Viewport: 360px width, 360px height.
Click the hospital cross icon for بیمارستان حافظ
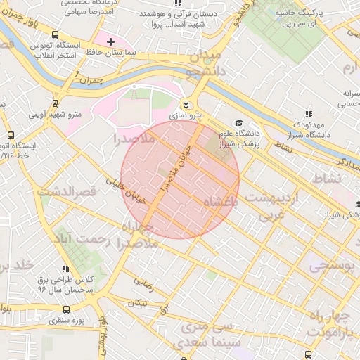point(110,42)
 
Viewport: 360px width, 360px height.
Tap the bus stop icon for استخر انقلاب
point(55,34)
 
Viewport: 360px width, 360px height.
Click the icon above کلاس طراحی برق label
point(65,269)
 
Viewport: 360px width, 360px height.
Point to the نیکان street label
point(138,303)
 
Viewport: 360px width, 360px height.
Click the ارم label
point(349,67)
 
